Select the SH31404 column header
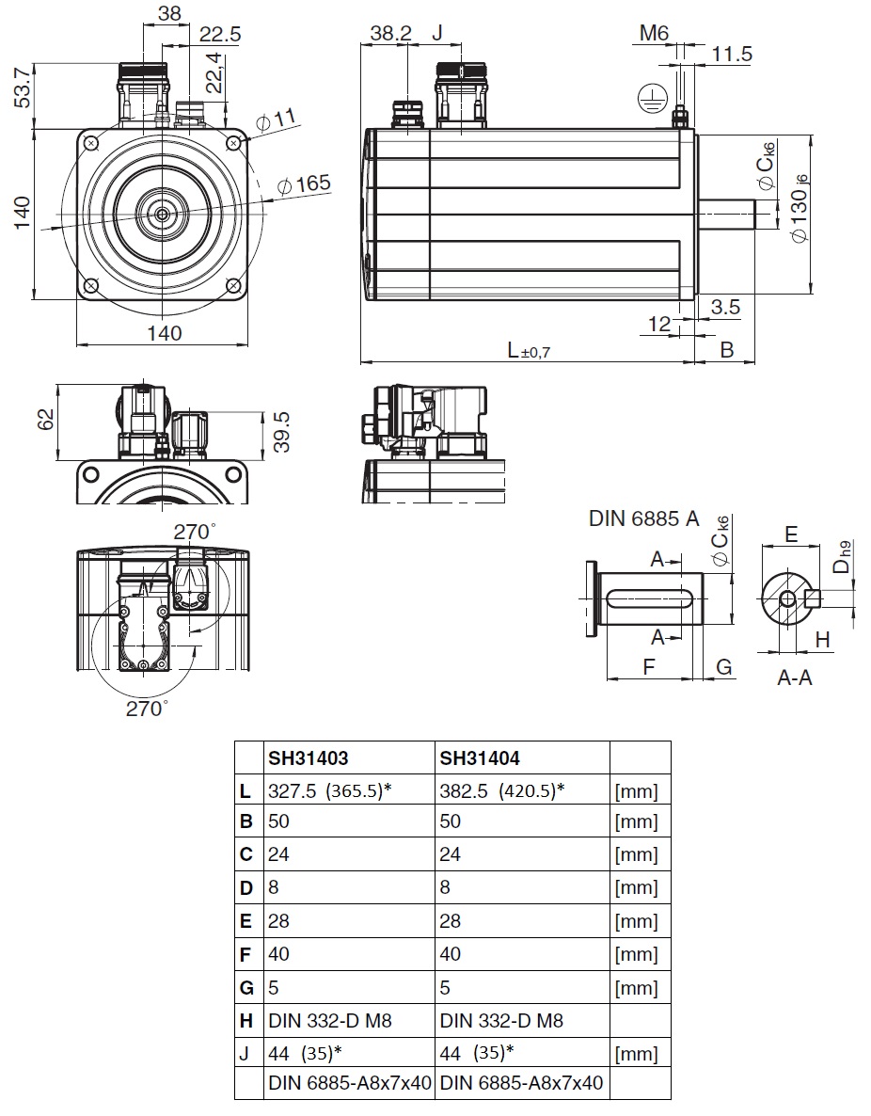[480, 758]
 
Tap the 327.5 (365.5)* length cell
[330, 790]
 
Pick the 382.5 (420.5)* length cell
[501, 790]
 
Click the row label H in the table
[246, 1021]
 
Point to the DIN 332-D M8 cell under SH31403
[330, 1021]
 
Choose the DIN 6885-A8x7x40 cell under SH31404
[522, 1082]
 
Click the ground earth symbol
[648, 100]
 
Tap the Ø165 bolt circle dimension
[304, 184]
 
